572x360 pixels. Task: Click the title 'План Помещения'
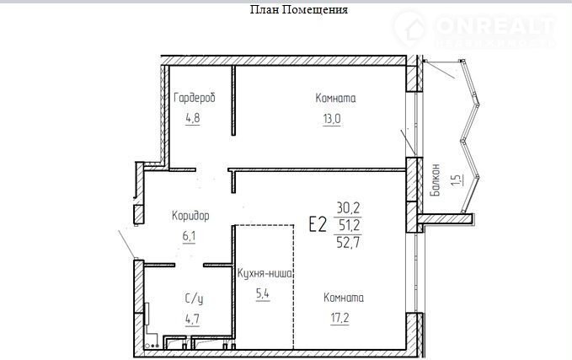[x=299, y=10]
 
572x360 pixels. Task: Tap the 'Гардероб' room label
[x=195, y=98]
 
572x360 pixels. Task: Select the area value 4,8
[x=193, y=118]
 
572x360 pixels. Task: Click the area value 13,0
[x=332, y=119]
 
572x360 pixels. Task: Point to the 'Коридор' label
[x=190, y=216]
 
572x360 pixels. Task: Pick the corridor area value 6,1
[x=189, y=237]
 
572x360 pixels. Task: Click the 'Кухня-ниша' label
[x=265, y=273]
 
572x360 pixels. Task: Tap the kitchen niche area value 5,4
[x=263, y=294]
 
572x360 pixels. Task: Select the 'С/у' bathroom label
[x=194, y=299]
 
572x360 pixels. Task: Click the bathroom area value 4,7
[x=192, y=320]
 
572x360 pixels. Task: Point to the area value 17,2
[x=339, y=318]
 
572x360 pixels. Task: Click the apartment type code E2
[x=318, y=224]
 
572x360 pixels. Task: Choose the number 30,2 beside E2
[x=349, y=208]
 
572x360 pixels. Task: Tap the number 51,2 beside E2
[x=350, y=225]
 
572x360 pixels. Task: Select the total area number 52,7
[x=349, y=242]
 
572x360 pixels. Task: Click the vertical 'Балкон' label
[x=436, y=180]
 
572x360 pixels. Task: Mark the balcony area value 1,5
[x=457, y=180]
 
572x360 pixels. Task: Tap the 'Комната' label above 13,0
[x=335, y=98]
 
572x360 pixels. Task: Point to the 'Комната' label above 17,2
[x=344, y=298]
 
